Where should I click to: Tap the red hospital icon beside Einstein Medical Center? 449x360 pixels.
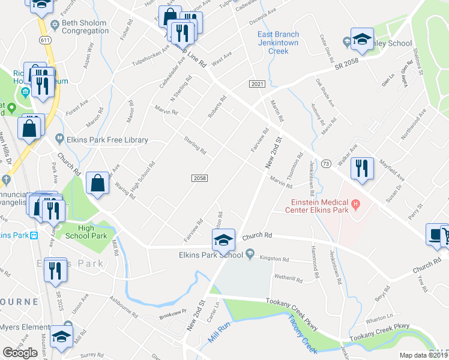click(355, 205)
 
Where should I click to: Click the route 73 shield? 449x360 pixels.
click(326, 163)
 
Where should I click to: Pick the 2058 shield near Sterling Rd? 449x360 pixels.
click(200, 178)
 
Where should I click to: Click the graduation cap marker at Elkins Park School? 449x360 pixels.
click(223, 241)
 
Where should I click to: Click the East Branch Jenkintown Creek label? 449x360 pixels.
click(282, 43)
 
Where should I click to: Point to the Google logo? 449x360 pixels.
click(20, 352)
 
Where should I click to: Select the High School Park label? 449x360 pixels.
click(86, 232)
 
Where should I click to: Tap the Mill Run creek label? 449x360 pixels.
click(220, 332)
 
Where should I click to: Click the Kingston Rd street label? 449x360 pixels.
click(274, 259)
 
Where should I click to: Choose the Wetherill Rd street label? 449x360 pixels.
click(291, 278)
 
